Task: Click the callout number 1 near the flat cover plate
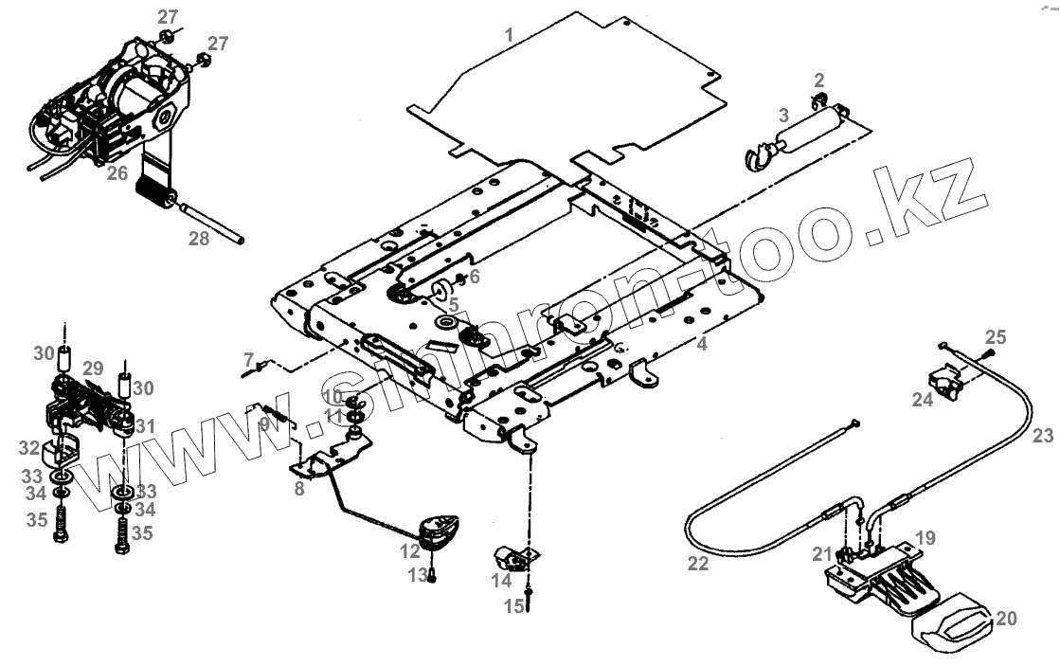[x=509, y=35]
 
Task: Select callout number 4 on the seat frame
[x=702, y=344]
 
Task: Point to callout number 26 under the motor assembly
[x=117, y=172]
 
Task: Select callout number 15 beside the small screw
[x=513, y=605]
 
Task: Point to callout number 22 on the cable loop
[x=696, y=562]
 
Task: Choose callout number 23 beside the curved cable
[x=1042, y=437]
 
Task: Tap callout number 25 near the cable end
[x=996, y=337]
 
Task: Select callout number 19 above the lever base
[x=925, y=538]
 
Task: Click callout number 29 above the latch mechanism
[x=92, y=368]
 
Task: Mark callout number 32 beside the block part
[x=29, y=447]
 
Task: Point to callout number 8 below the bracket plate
[x=299, y=489]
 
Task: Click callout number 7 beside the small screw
[x=249, y=359]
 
